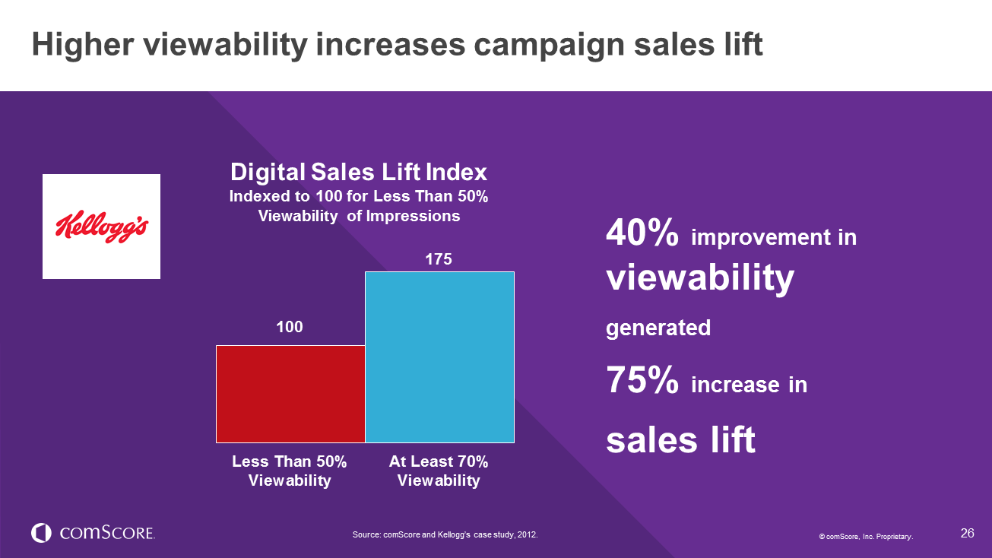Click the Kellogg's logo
point(101,227)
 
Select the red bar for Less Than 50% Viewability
point(290,394)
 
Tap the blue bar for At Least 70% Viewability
point(439,357)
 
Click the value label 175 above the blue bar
point(439,259)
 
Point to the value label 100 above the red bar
point(289,327)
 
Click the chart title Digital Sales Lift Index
point(359,171)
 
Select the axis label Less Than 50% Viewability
point(290,471)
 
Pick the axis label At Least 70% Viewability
point(439,471)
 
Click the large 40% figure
point(642,235)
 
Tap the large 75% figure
point(642,382)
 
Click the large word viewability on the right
point(700,279)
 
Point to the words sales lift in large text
point(680,439)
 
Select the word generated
point(658,328)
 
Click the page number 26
point(967,533)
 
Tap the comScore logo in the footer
point(93,533)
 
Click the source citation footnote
point(445,535)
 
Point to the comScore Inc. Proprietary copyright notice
point(866,537)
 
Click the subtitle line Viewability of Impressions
point(359,216)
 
